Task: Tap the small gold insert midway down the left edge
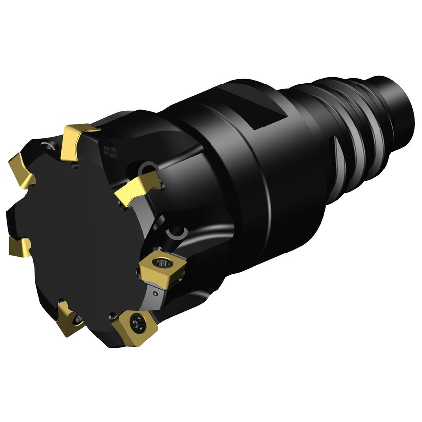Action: click(x=19, y=245)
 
